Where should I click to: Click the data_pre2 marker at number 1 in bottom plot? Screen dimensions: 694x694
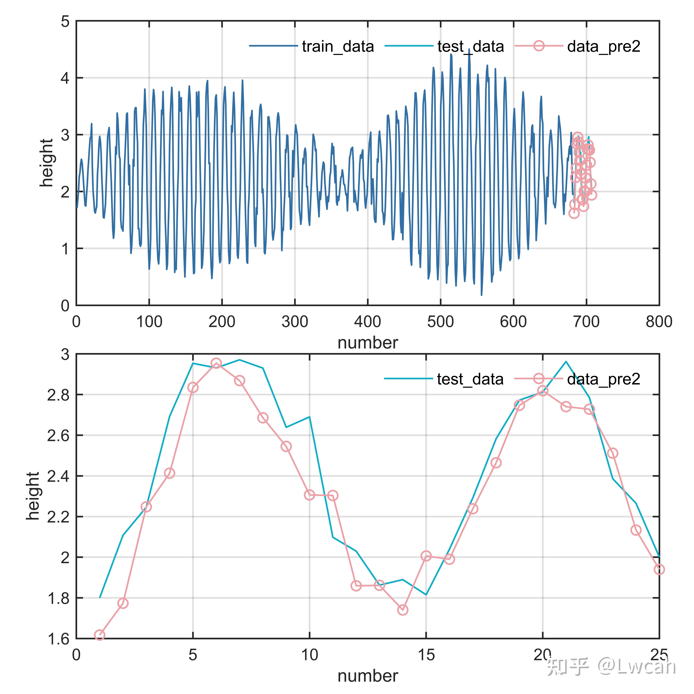[x=99, y=635]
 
